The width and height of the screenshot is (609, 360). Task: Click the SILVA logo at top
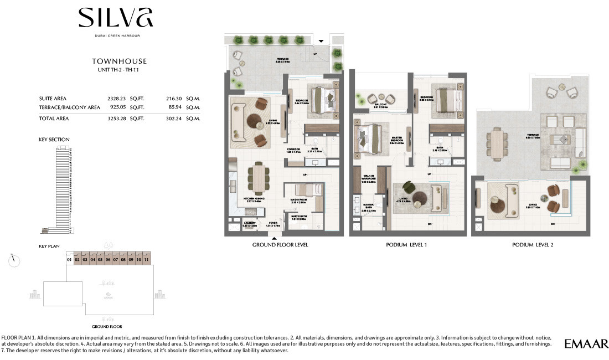coord(116,18)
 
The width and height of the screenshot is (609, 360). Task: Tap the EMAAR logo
coord(586,344)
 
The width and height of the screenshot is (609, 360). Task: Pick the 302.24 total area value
coord(174,118)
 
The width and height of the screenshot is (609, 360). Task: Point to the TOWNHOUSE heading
coord(119,61)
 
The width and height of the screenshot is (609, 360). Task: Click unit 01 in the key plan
coord(70,259)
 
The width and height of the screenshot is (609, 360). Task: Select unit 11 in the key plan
coord(146,259)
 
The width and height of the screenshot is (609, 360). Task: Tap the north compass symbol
coord(15,260)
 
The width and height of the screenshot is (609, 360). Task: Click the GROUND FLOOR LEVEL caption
coord(280,245)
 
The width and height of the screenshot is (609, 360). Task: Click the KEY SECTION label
coord(54,140)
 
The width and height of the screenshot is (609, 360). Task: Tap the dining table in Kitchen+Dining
coord(259,178)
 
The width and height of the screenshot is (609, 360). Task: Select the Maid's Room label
coord(298,200)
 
